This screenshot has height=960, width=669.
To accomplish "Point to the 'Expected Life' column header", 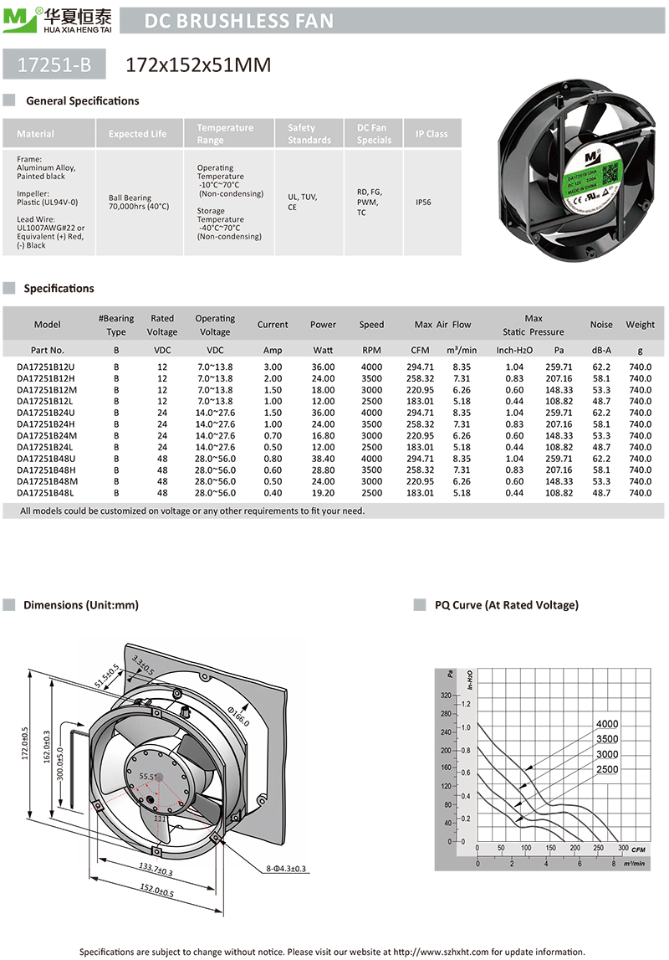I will (137, 134).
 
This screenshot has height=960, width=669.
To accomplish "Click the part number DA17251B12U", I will (46, 367).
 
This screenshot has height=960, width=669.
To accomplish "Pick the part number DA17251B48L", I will (46, 493).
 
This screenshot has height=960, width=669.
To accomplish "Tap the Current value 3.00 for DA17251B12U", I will (273, 367).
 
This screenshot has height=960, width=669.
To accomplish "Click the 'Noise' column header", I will (600, 325).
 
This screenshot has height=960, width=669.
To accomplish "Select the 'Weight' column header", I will (640, 325).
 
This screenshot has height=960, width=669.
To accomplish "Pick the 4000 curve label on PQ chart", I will (607, 724).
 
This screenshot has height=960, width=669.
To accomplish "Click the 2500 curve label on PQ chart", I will (607, 768).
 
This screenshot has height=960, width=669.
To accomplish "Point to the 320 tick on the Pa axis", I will (445, 696).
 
